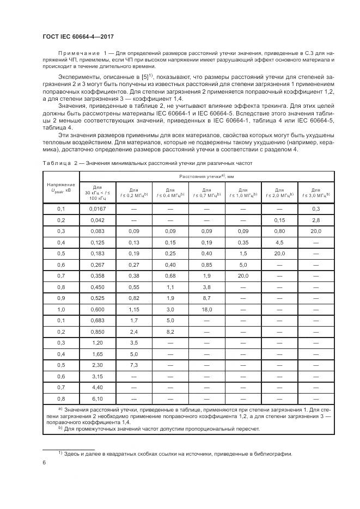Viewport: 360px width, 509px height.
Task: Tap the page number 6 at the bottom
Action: [44, 463]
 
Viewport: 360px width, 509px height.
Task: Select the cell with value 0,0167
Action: [97, 209]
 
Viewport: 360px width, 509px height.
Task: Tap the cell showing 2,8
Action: [315, 220]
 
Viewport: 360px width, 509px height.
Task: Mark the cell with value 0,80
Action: [279, 232]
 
